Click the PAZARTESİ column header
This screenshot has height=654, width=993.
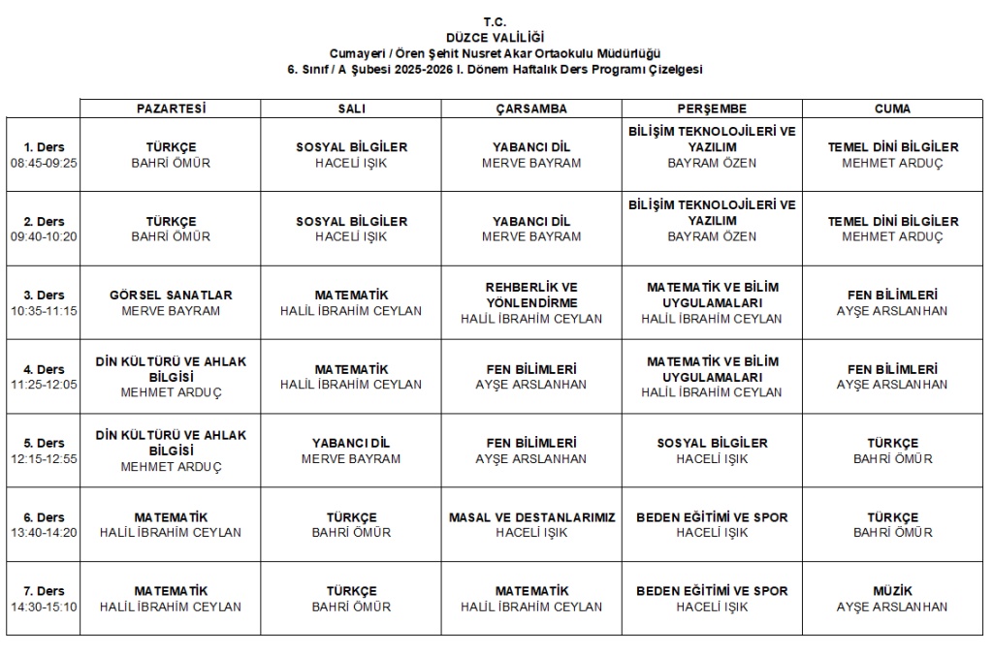tap(171, 109)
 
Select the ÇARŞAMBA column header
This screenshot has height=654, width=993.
tap(531, 109)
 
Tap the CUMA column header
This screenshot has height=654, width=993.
tap(892, 109)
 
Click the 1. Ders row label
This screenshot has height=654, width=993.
tap(44, 147)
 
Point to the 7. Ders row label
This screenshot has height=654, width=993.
tap(44, 591)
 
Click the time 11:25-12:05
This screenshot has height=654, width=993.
tap(44, 385)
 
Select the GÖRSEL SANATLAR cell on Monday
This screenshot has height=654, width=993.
tap(171, 302)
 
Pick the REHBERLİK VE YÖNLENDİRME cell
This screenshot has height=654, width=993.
tap(531, 302)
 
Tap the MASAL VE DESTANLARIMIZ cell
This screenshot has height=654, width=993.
tap(531, 524)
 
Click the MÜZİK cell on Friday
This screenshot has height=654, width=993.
tap(892, 598)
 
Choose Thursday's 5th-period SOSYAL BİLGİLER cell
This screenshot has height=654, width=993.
tap(712, 451)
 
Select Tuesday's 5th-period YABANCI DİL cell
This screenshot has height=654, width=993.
tap(351, 451)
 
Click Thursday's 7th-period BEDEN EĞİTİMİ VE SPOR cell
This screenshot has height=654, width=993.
tap(712, 598)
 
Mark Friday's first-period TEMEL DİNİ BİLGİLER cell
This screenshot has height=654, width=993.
tap(892, 155)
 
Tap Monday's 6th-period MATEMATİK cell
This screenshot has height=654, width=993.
tap(171, 524)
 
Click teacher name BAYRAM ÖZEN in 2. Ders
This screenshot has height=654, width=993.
tap(712, 236)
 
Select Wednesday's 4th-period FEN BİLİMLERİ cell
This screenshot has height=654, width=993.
tap(531, 377)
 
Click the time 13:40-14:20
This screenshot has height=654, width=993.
tap(44, 533)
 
